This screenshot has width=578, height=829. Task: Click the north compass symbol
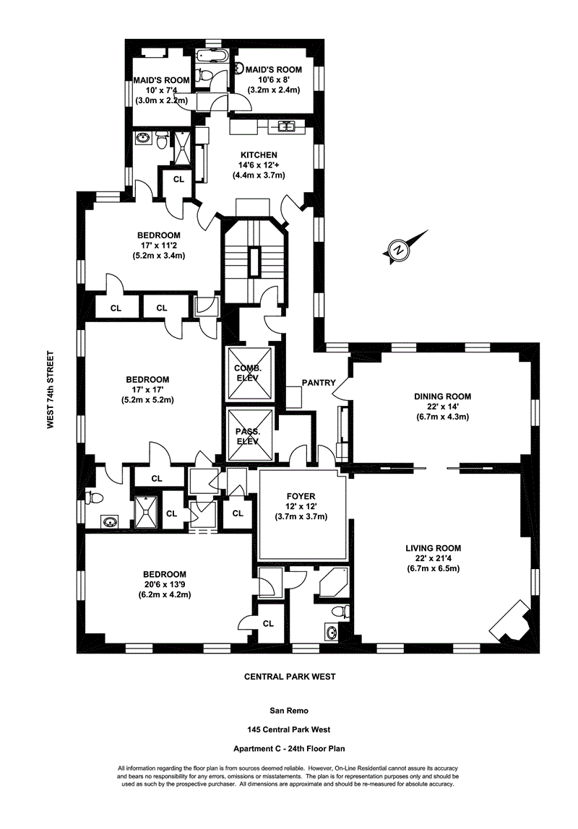(x=398, y=250)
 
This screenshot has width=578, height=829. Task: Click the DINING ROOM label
(x=443, y=396)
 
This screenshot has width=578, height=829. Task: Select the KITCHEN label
(x=259, y=155)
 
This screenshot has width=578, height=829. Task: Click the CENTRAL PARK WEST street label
(x=288, y=677)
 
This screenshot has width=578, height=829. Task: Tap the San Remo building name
(x=288, y=711)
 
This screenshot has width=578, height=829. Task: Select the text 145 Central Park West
(x=288, y=730)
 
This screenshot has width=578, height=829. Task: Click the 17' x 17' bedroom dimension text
(x=147, y=390)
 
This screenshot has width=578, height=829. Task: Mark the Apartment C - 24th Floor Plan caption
(x=288, y=750)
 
